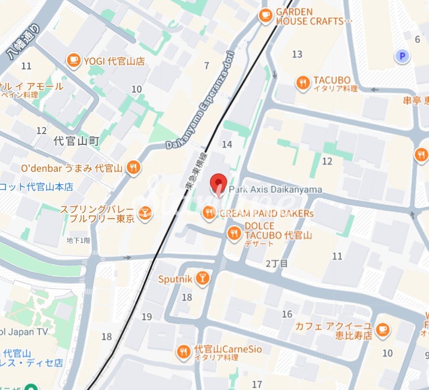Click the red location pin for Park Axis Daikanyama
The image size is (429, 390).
point(218,184)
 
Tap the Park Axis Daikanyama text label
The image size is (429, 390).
point(275,190)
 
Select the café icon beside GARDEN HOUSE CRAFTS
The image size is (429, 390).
point(265,16)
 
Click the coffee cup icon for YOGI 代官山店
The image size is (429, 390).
point(73,61)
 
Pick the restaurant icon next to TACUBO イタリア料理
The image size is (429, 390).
point(303,83)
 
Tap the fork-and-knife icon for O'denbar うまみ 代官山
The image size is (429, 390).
point(133,168)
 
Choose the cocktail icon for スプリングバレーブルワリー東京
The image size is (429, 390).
point(144,213)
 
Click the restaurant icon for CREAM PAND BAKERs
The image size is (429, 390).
point(209,213)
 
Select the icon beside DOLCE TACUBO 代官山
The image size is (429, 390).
point(234,233)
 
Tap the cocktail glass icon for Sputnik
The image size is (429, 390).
point(202,278)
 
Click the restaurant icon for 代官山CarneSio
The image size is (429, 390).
point(183,352)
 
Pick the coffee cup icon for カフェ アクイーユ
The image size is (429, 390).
point(383,330)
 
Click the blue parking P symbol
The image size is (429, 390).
point(401,55)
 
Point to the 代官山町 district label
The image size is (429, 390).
point(77,142)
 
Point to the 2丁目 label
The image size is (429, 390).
point(277,263)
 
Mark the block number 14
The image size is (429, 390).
point(227,144)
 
